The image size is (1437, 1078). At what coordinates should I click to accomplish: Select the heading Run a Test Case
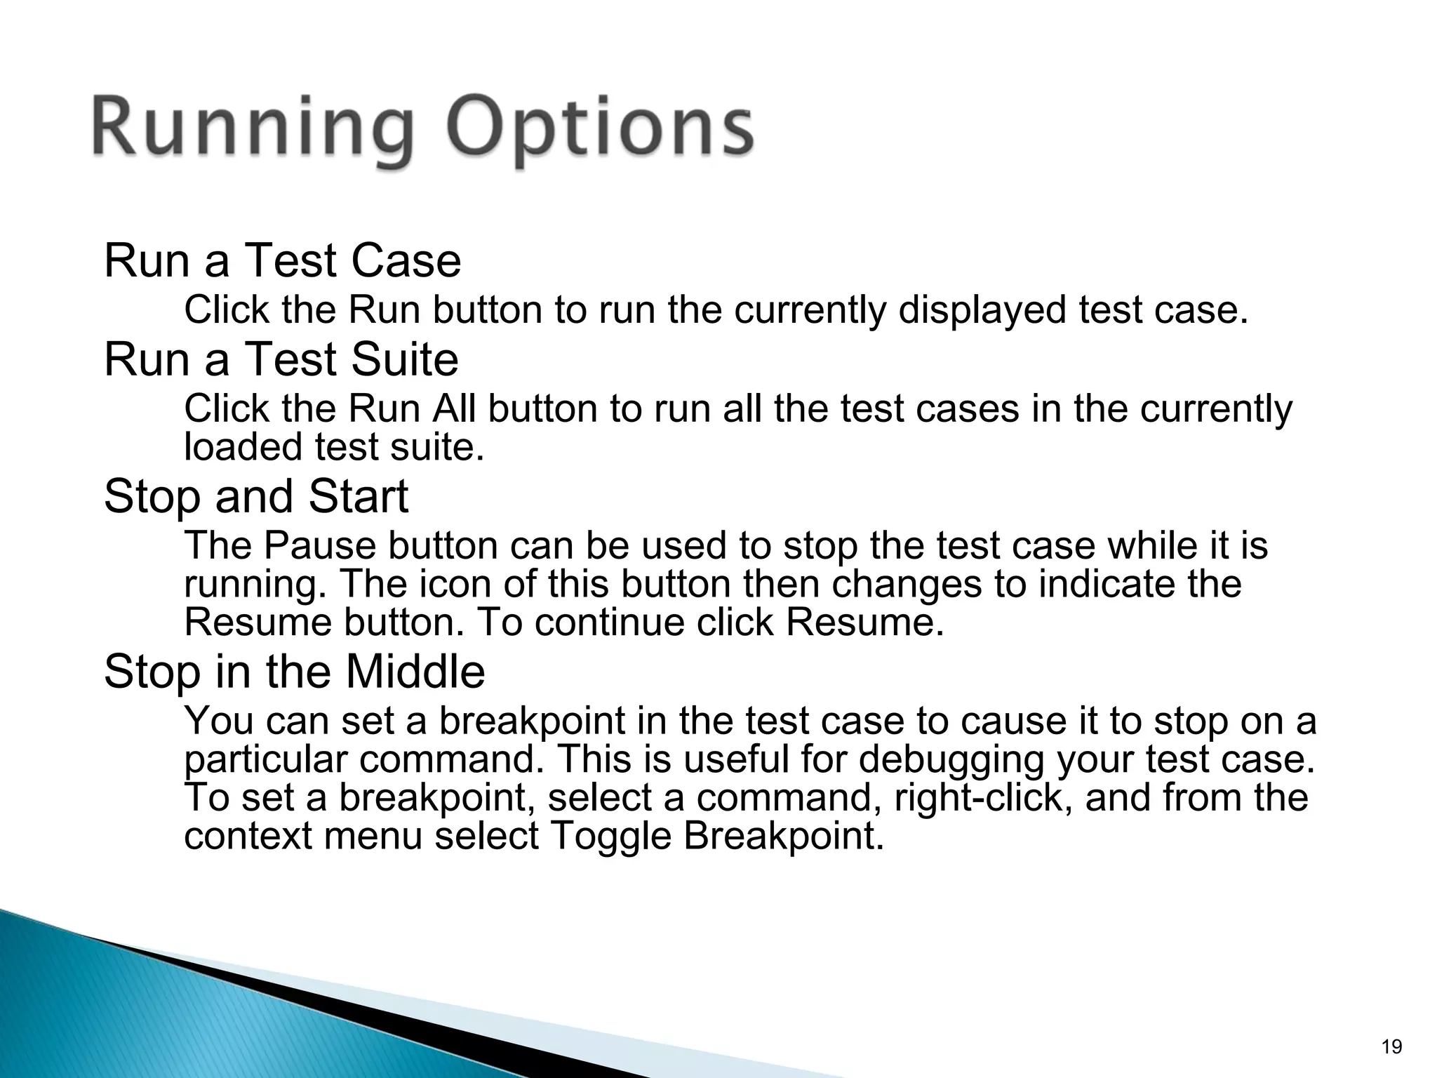[x=282, y=260]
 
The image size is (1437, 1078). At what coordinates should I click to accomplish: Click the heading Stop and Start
[x=255, y=496]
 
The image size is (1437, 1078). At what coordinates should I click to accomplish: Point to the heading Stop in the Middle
[x=294, y=671]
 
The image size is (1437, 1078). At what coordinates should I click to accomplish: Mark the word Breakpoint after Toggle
[x=783, y=837]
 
